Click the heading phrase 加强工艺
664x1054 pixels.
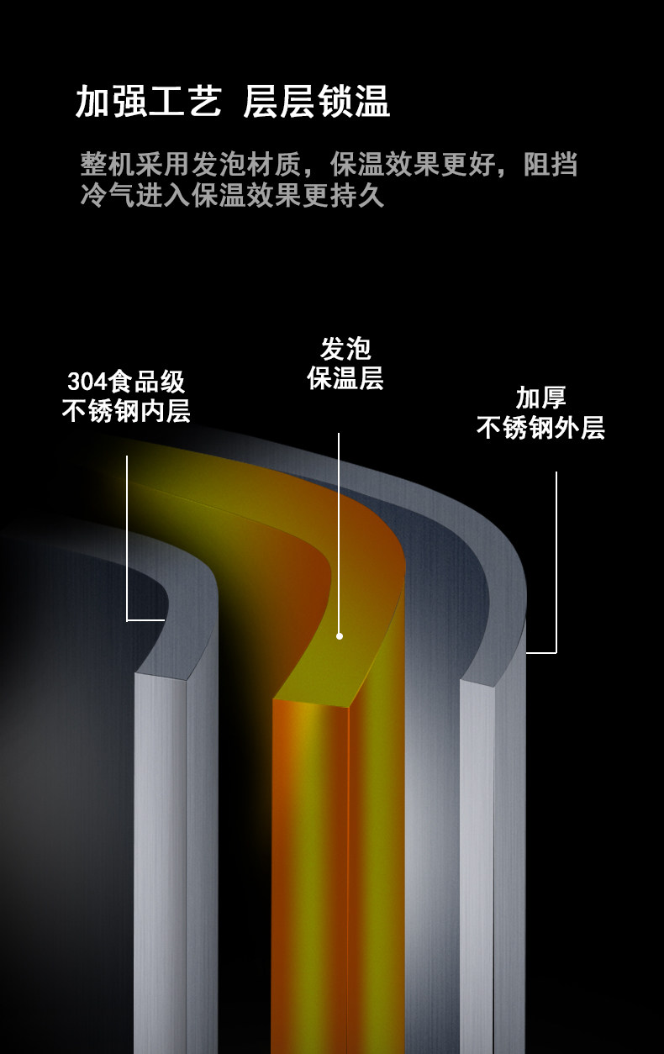tap(148, 103)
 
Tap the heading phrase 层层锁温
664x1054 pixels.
tap(316, 103)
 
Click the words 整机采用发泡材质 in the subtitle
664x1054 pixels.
tap(198, 163)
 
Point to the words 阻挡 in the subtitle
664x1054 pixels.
tap(551, 163)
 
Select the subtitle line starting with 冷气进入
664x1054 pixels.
tap(233, 195)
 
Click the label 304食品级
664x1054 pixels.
tap(126, 382)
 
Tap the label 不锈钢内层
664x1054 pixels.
tap(126, 411)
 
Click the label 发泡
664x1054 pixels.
tap(345, 349)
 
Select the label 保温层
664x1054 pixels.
tap(345, 378)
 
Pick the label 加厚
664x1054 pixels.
tap(540, 398)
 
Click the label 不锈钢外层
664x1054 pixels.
tap(540, 427)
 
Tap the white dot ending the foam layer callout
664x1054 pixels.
tap(340, 636)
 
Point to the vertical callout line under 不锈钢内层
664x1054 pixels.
tap(127, 538)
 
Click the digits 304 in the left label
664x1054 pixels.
tap(84, 382)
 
